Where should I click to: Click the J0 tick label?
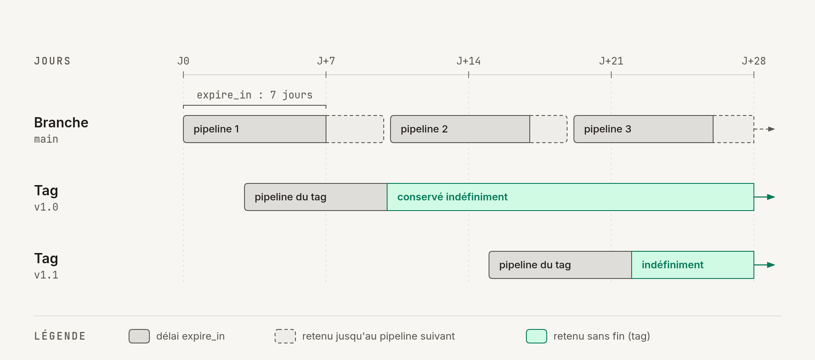tap(183, 61)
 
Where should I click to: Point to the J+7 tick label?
tap(326, 61)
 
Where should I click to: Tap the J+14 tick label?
tap(469, 61)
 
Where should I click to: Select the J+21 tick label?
tap(611, 61)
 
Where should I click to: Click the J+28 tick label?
tap(754, 61)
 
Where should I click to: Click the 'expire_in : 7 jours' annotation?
tap(255, 95)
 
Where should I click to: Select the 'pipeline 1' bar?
tap(255, 129)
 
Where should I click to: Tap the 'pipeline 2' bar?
tap(460, 129)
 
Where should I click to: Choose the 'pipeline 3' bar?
tap(644, 129)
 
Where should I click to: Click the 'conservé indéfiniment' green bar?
tap(570, 197)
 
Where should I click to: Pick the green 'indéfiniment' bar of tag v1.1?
tap(693, 265)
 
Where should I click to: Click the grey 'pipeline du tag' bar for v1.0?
tap(316, 197)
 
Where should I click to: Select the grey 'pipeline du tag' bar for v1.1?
tap(560, 265)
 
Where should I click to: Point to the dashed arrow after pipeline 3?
tap(764, 129)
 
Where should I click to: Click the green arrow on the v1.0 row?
tap(764, 197)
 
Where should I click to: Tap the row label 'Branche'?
tap(61, 123)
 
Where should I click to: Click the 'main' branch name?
tap(46, 139)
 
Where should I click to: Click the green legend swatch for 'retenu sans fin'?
tap(537, 336)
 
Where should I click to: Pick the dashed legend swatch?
tap(285, 336)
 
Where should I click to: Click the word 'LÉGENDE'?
tap(60, 336)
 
